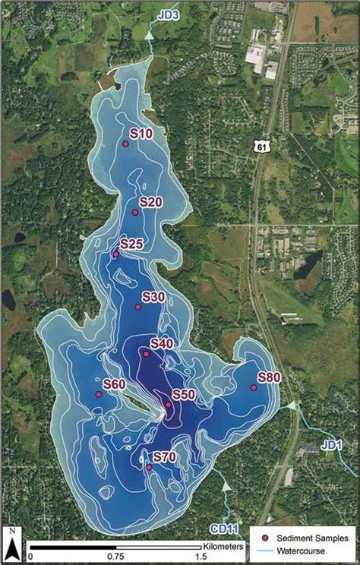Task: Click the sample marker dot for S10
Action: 126,144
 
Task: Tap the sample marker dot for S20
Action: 135,213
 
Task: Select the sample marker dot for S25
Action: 115,254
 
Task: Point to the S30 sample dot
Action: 138,308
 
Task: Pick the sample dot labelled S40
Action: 146,354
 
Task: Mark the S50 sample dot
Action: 168,405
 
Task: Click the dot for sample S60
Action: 98,394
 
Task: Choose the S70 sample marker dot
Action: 149,467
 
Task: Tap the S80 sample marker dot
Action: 254,388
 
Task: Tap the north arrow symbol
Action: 13,541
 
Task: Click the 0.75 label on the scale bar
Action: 116,557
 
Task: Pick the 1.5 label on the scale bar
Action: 201,557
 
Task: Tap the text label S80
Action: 269,377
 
